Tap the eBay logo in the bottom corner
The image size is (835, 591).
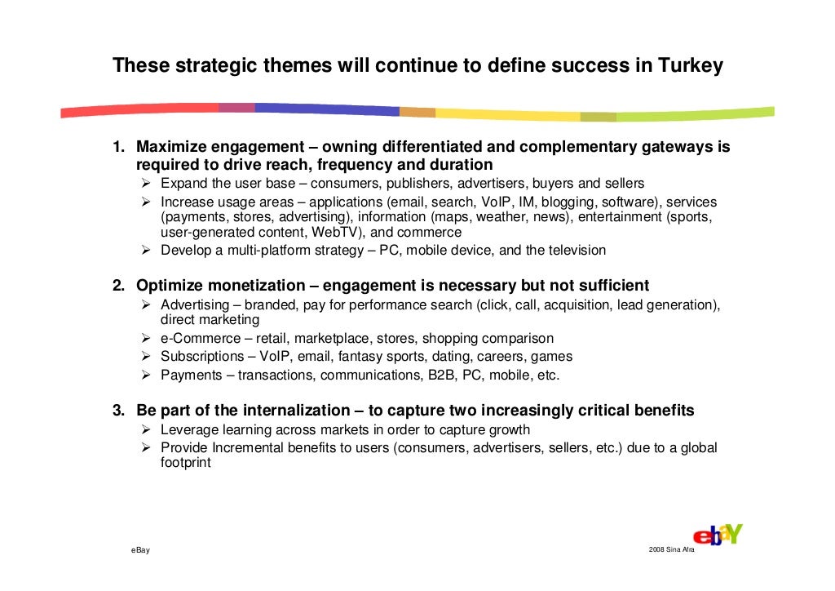[x=718, y=535]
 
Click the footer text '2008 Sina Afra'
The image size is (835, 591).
[x=671, y=551]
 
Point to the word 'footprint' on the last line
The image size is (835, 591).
[x=185, y=463]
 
